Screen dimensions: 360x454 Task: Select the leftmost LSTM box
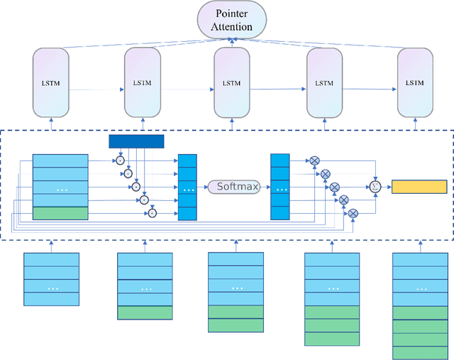(50, 83)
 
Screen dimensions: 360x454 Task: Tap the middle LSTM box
(231, 83)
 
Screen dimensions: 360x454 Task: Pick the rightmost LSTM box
(415, 83)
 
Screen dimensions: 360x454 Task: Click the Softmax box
(231, 187)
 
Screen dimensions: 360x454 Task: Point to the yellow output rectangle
(419, 187)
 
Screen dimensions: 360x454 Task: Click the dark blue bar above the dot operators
(136, 141)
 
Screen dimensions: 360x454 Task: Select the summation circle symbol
(376, 187)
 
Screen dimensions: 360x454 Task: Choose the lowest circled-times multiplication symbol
(353, 212)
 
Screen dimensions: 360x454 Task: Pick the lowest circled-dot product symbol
(152, 212)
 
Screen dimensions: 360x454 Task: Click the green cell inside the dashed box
(60, 212)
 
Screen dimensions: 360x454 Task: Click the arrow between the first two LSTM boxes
(97, 89)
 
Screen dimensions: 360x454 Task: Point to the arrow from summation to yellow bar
(387, 187)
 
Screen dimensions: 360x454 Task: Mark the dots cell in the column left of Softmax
(188, 189)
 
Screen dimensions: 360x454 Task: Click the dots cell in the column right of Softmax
(281, 189)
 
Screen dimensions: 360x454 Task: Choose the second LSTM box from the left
(142, 83)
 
